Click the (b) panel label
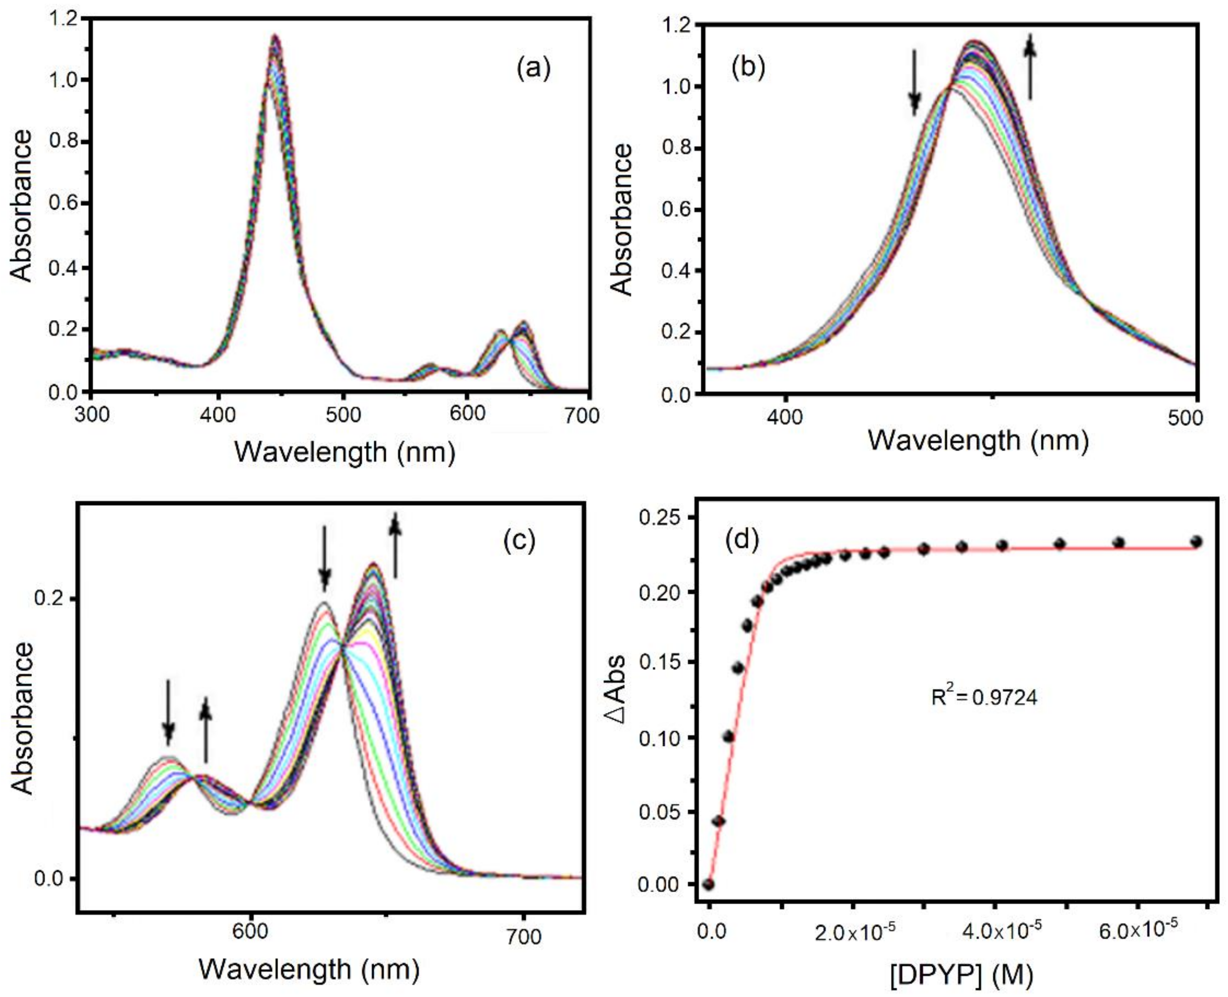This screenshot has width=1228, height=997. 748,68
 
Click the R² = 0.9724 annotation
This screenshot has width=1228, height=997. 984,697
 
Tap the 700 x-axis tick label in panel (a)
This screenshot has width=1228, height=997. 581,415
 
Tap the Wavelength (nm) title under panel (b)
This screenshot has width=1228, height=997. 978,441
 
